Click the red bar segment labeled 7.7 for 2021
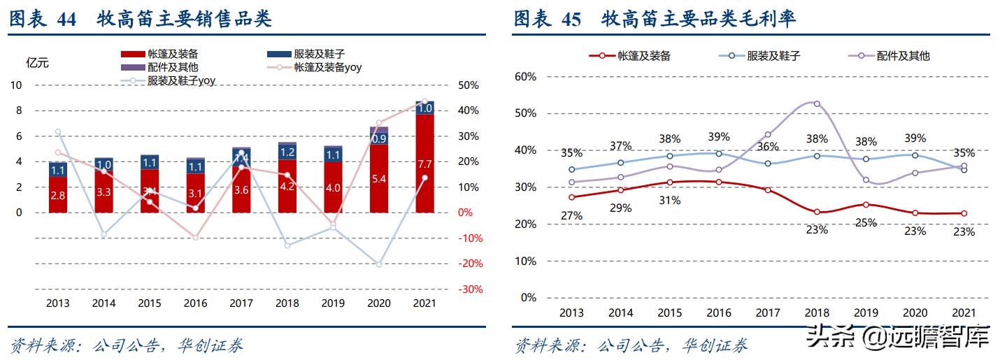(424, 164)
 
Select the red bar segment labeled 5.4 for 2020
(378, 179)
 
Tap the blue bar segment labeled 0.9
(378, 139)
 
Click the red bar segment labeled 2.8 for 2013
(57, 195)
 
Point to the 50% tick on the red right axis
(469, 85)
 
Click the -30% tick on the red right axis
(469, 289)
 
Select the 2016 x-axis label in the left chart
(194, 303)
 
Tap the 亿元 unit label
(37, 63)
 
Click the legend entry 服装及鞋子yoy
(181, 81)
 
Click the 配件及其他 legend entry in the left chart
(173, 68)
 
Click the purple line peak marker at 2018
(816, 104)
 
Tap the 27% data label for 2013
(571, 215)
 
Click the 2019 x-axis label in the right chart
(866, 312)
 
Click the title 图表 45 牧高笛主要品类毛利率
(655, 20)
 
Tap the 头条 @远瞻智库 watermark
(898, 338)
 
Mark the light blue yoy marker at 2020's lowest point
(378, 264)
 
